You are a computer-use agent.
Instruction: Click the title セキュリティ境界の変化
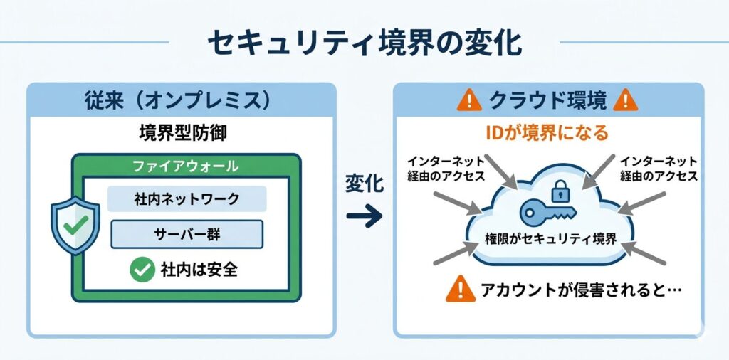[x=364, y=43]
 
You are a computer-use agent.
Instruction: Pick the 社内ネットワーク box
[x=186, y=198]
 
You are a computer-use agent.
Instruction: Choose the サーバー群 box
[x=187, y=233]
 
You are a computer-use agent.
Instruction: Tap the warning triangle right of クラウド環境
[x=626, y=100]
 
